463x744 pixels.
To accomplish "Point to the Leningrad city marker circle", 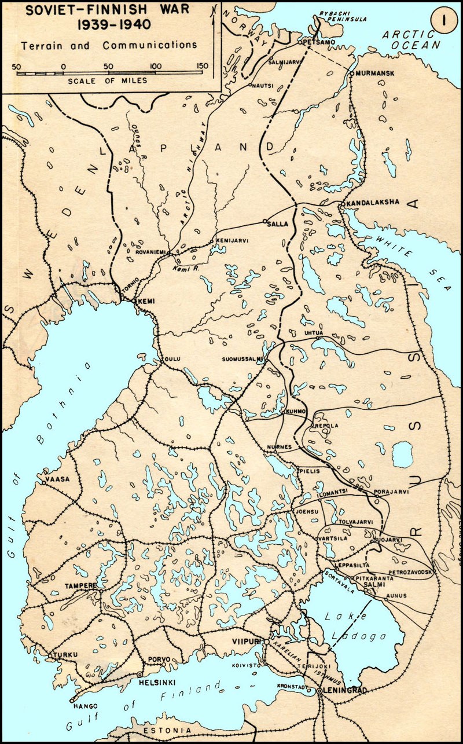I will pyautogui.click(x=319, y=691).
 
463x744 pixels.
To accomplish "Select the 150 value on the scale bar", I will pyautogui.click(x=202, y=66).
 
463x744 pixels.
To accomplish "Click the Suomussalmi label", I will pyautogui.click(x=243, y=359).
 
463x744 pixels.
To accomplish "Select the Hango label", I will pyautogui.click(x=84, y=706).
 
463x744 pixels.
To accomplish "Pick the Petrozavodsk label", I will pyautogui.click(x=409, y=572).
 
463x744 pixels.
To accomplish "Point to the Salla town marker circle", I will pyautogui.click(x=264, y=221).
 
